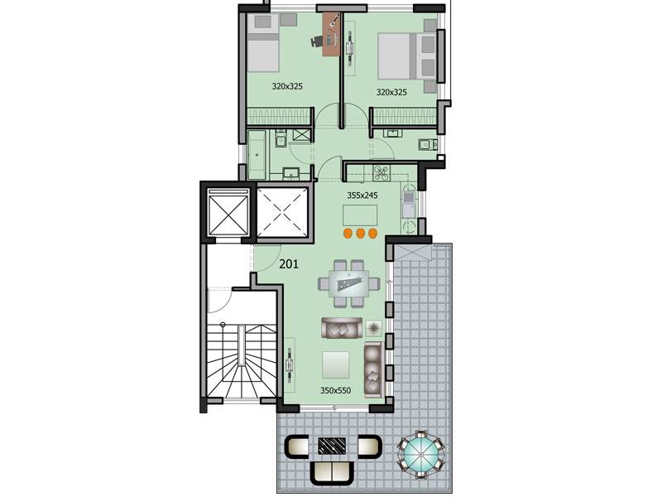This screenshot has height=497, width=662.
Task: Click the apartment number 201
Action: [x=289, y=264]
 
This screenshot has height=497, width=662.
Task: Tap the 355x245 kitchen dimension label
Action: [x=362, y=195]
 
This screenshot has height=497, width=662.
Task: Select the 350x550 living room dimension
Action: [x=335, y=390]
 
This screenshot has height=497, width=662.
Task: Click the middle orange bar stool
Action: [x=360, y=234]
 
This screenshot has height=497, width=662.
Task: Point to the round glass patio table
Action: [x=421, y=455]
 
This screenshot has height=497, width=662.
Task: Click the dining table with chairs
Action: [x=348, y=282]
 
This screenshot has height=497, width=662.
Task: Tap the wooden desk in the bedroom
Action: [x=332, y=34]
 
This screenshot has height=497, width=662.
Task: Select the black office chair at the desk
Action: [x=317, y=41]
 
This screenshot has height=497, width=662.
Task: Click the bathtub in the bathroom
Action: [x=257, y=155]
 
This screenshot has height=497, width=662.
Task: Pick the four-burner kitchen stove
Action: [x=381, y=172]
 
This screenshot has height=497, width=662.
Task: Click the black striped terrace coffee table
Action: [x=333, y=445]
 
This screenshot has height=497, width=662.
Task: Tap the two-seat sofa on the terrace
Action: [x=332, y=472]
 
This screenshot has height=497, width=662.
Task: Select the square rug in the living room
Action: [x=336, y=364]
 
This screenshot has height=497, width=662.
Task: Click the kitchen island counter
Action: [x=360, y=215]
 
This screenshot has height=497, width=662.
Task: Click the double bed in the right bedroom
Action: [x=407, y=56]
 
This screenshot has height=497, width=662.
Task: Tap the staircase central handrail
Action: [x=241, y=345]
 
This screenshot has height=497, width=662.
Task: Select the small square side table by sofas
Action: [x=374, y=327]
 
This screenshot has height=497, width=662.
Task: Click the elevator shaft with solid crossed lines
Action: [x=228, y=212]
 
